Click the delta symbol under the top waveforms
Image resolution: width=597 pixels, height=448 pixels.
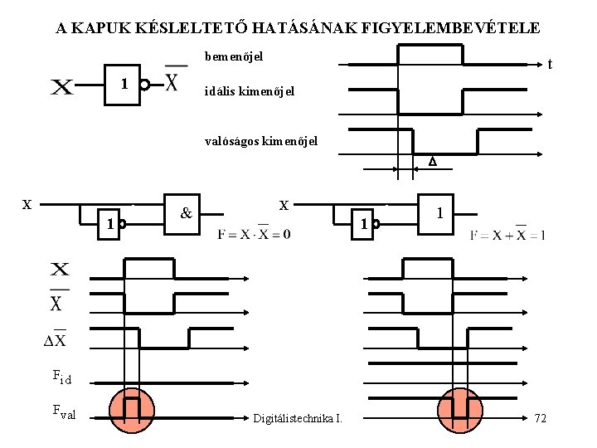[431, 163]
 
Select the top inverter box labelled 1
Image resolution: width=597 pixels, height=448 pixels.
[123, 84]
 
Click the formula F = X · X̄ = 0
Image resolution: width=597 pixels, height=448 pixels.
[254, 235]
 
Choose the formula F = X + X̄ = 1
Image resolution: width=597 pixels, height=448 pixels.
[507, 235]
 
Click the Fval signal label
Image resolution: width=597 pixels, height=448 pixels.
[64, 410]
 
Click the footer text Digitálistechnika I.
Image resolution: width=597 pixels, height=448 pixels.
[298, 417]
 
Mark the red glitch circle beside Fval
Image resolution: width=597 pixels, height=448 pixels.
[131, 410]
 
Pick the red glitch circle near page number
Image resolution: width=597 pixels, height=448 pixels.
[460, 410]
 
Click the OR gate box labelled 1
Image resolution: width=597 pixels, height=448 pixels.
[439, 214]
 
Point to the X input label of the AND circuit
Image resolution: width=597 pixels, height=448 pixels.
[27, 204]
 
